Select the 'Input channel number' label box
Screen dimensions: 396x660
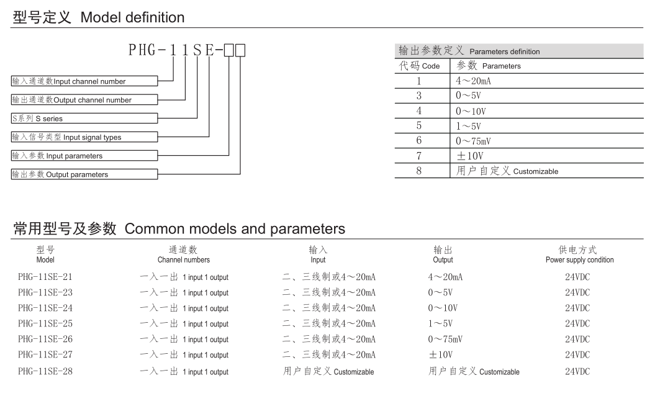[x=84, y=81]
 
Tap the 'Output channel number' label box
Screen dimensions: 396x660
[x=84, y=100]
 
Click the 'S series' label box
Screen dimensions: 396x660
[x=84, y=119]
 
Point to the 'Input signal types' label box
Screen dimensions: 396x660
[x=84, y=137]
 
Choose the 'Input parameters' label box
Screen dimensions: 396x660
[x=84, y=156]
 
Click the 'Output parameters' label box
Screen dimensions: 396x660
[x=84, y=174]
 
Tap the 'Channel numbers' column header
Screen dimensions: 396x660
[x=184, y=255]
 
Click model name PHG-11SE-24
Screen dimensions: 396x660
[x=45, y=308]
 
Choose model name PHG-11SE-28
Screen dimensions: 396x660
[x=45, y=371]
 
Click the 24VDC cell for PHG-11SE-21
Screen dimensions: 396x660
[x=577, y=277]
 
